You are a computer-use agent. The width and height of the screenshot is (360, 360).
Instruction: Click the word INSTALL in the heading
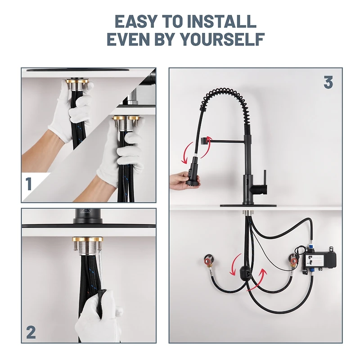tap(222, 21)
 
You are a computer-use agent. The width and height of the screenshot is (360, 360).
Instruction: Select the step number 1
tap(29, 184)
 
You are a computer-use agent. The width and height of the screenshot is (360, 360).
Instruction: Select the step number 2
tap(31, 333)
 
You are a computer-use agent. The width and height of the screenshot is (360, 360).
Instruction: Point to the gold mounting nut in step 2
tap(88, 239)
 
